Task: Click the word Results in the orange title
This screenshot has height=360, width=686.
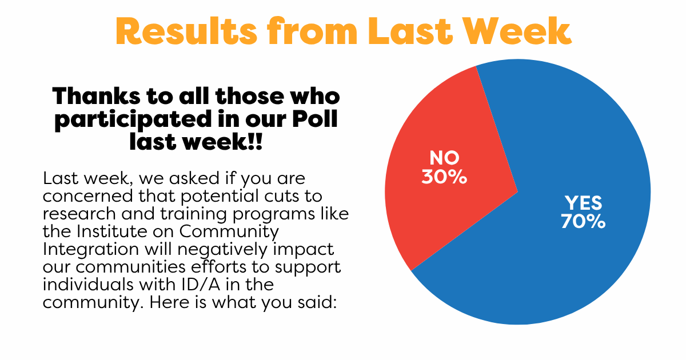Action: pos(186,31)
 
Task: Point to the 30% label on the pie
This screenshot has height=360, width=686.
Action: pos(444,177)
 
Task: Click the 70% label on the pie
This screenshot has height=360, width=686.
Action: pos(583,221)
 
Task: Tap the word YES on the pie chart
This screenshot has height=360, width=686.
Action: pos(584,203)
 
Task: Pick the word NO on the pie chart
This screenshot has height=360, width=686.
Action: pos(444,158)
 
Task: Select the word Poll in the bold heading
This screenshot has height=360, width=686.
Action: pos(315,119)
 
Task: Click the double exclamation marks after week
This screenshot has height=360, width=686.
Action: pos(256,142)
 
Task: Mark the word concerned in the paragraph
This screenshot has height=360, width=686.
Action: pos(88,196)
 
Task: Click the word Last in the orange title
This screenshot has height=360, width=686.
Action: pos(410,31)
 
